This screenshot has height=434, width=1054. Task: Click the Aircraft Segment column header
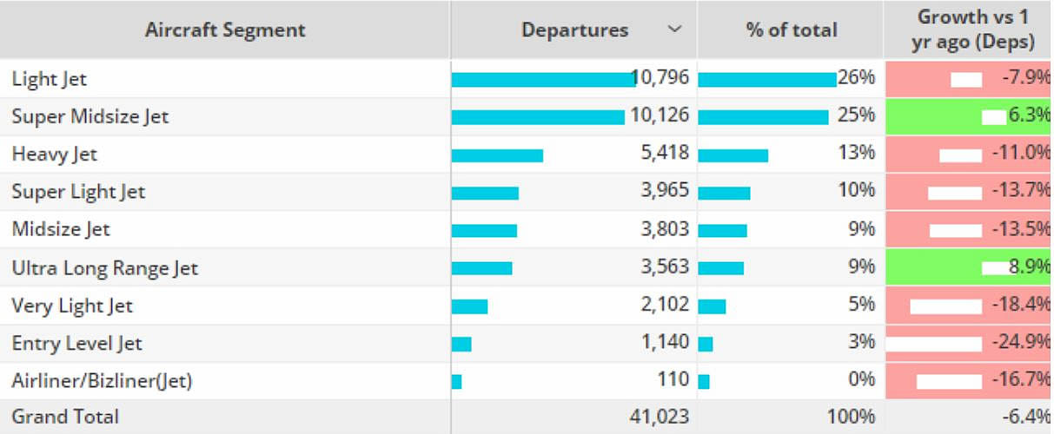225,30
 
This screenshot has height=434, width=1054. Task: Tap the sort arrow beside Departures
674,30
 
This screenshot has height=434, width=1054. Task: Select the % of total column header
791,30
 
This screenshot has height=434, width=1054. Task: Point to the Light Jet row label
50,79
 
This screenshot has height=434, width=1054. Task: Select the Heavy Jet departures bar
497,155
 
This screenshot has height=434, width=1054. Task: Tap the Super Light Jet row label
78,192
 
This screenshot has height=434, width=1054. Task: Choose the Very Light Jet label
72,306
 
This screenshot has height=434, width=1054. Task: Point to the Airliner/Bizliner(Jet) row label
102,380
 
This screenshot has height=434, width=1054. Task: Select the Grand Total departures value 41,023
660,417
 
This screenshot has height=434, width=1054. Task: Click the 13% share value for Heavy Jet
856,154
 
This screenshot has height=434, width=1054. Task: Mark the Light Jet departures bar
543,80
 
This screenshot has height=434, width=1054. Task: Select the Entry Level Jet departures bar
461,344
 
